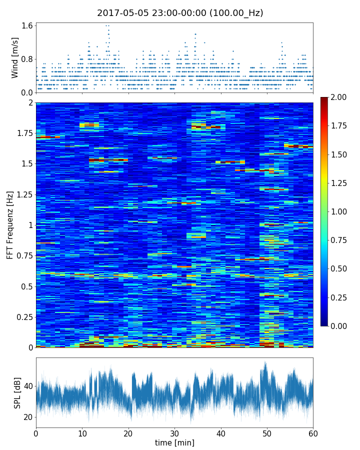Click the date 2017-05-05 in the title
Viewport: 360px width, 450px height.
pyautogui.click(x=121, y=13)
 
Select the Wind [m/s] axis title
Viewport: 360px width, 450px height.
pyautogui.click(x=15, y=57)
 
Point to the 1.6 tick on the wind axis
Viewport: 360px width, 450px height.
pyautogui.click(x=27, y=25)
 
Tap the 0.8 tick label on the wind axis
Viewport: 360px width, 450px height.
pyautogui.click(x=27, y=59)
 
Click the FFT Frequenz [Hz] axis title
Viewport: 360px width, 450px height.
pyautogui.click(x=10, y=225)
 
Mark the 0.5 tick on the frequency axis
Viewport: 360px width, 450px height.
pyautogui.click(x=27, y=286)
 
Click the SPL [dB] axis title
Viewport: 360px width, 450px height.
pyautogui.click(x=17, y=392)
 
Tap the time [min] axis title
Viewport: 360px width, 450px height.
pyautogui.click(x=174, y=442)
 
